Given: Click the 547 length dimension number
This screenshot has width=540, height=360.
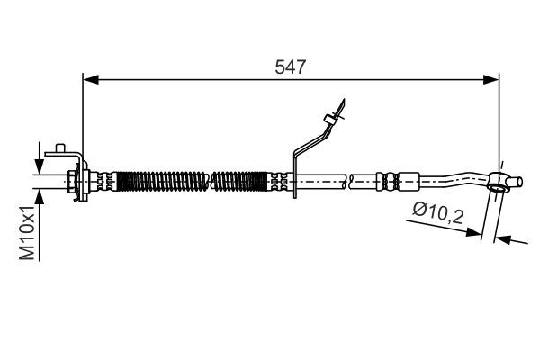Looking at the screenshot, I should pyautogui.click(x=291, y=67).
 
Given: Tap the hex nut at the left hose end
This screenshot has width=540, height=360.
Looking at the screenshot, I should pyautogui.click(x=72, y=183).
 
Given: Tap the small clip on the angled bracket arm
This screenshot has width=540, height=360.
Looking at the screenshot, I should pyautogui.click(x=334, y=114).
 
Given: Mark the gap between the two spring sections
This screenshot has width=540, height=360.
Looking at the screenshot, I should pyautogui.click(x=210, y=182).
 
